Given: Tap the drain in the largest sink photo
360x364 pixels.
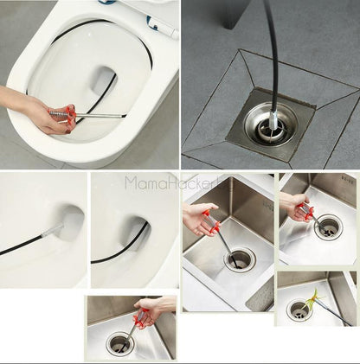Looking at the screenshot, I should coord(240,257).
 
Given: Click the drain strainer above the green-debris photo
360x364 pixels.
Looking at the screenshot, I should coord(328,227).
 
